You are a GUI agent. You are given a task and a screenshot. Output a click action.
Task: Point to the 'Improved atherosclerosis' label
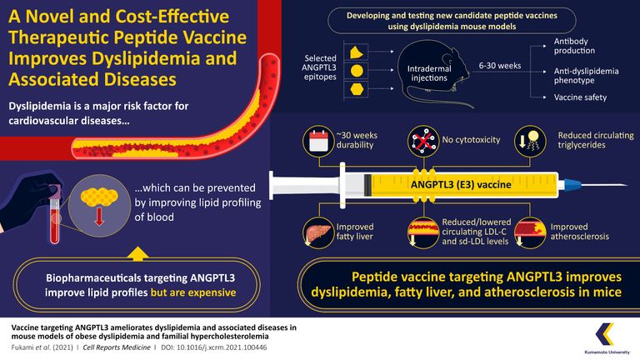click(580, 231)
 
